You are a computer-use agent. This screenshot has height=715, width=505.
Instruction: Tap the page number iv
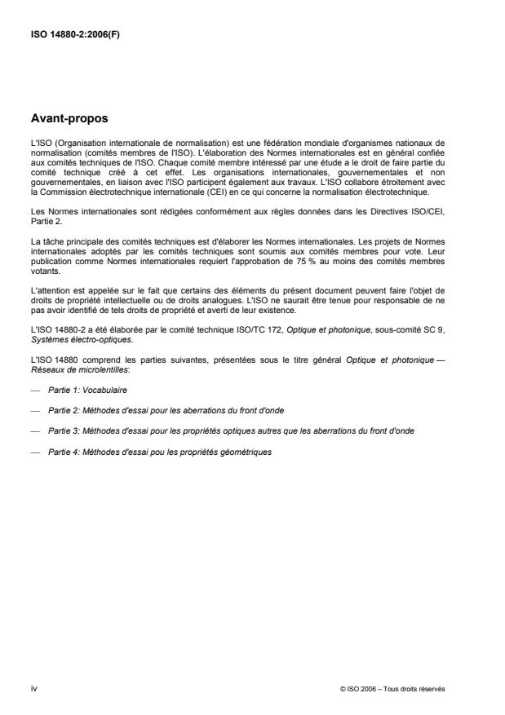(x=33, y=688)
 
